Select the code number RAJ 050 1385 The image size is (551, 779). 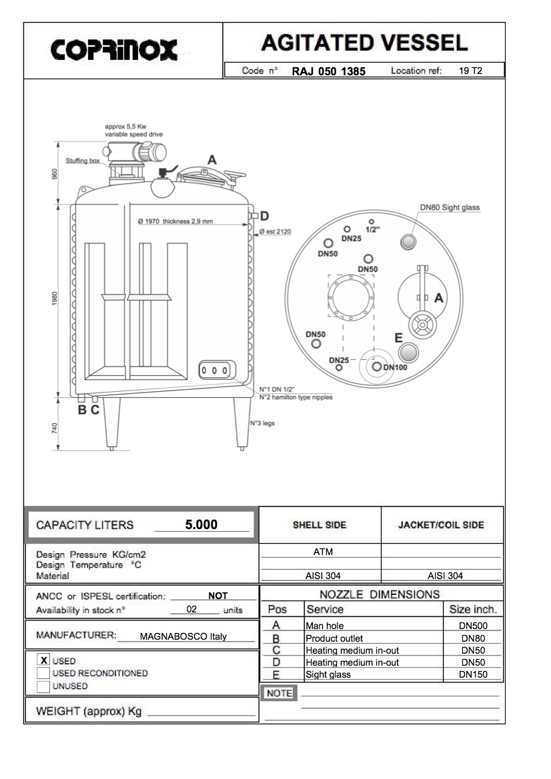pos(328,71)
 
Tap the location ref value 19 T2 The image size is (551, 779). pos(470,71)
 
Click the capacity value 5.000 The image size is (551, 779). pos(201,524)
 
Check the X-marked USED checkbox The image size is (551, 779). pos(44,660)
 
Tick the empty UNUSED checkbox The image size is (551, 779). pos(44,686)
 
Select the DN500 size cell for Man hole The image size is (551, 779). pos(473,626)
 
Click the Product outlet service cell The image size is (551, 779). pos(334,638)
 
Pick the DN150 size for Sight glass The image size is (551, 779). pos(473,674)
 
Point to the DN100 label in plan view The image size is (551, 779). pos(395,367)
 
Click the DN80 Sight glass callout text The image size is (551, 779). pos(450,208)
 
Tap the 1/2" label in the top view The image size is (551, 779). pos(372,229)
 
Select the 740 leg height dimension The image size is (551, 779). pos(56,427)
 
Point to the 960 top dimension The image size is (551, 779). pos(56,174)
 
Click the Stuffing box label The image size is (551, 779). pos(83,161)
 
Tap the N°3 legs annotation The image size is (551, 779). pos(262,423)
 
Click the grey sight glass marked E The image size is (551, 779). pos(410,353)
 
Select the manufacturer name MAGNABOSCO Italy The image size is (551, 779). pos(183,636)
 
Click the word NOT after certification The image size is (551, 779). pos(217,596)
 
